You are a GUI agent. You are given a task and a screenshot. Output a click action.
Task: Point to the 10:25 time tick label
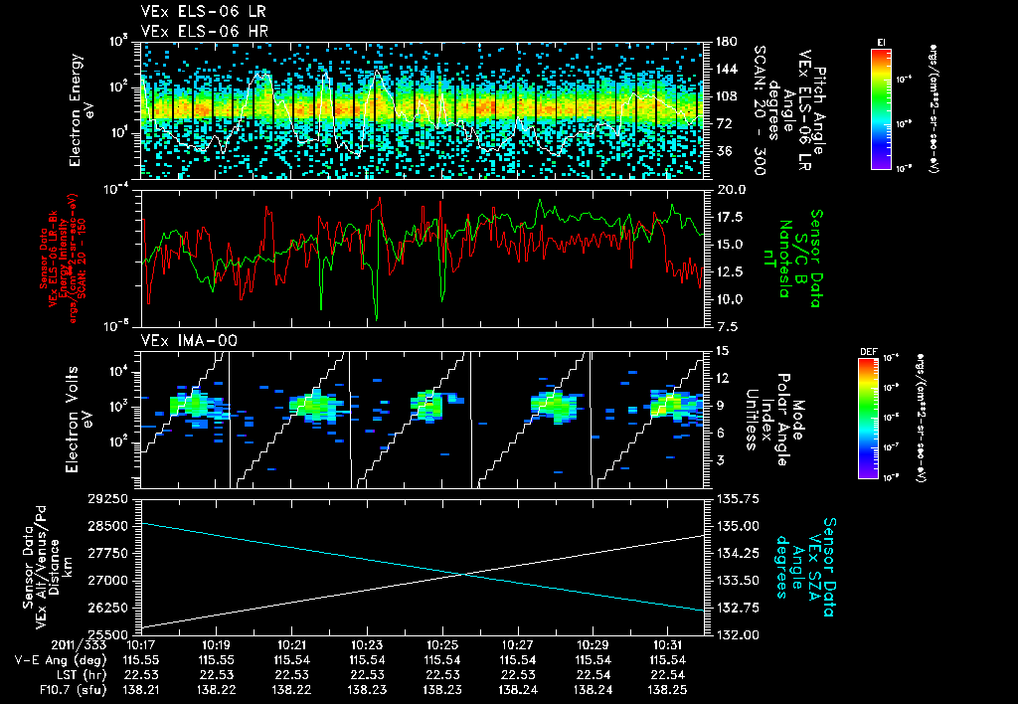tap(442, 644)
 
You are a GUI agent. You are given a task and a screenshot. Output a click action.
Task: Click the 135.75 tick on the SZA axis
tap(734, 498)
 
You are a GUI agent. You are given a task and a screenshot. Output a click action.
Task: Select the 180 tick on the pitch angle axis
tap(724, 42)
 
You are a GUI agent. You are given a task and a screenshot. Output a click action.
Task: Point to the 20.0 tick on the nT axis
tap(730, 189)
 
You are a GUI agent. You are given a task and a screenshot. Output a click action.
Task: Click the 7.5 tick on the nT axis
tap(727, 326)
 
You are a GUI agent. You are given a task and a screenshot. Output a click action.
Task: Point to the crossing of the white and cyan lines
tap(463, 573)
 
